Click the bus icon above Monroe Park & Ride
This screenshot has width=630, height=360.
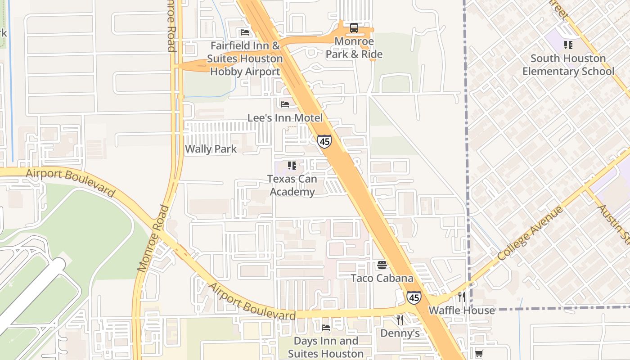pyautogui.click(x=354, y=28)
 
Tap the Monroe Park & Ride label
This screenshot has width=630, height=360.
pyautogui.click(x=354, y=48)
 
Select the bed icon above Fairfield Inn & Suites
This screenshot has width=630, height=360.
pyautogui.click(x=245, y=32)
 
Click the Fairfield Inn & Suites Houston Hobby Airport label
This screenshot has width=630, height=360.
pyautogui.click(x=245, y=58)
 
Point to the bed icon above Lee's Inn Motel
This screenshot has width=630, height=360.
pyautogui.click(x=285, y=104)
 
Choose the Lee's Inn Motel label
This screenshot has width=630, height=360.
pyautogui.click(x=285, y=118)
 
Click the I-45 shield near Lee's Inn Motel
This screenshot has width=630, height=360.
pyautogui.click(x=324, y=141)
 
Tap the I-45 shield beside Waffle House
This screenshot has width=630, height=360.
pyautogui.click(x=414, y=297)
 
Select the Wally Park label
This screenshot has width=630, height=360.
pyautogui.click(x=211, y=149)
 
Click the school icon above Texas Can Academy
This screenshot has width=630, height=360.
pyautogui.click(x=292, y=166)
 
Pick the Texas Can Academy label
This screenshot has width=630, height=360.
pyautogui.click(x=292, y=185)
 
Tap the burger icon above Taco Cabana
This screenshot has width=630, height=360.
pyautogui.click(x=382, y=265)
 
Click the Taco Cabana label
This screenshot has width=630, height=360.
pyautogui.click(x=382, y=278)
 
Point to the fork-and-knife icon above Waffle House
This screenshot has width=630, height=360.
pyautogui.click(x=461, y=297)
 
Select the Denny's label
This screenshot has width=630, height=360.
pyautogui.click(x=400, y=333)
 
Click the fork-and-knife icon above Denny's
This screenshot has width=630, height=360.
pyautogui.click(x=400, y=320)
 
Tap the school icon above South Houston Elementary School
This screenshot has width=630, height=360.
pyautogui.click(x=568, y=45)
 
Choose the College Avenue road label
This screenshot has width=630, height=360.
pyautogui.click(x=530, y=234)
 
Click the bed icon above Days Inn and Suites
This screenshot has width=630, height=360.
pyautogui.click(x=326, y=328)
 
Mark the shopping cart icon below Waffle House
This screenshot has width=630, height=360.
pyautogui.click(x=479, y=354)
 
